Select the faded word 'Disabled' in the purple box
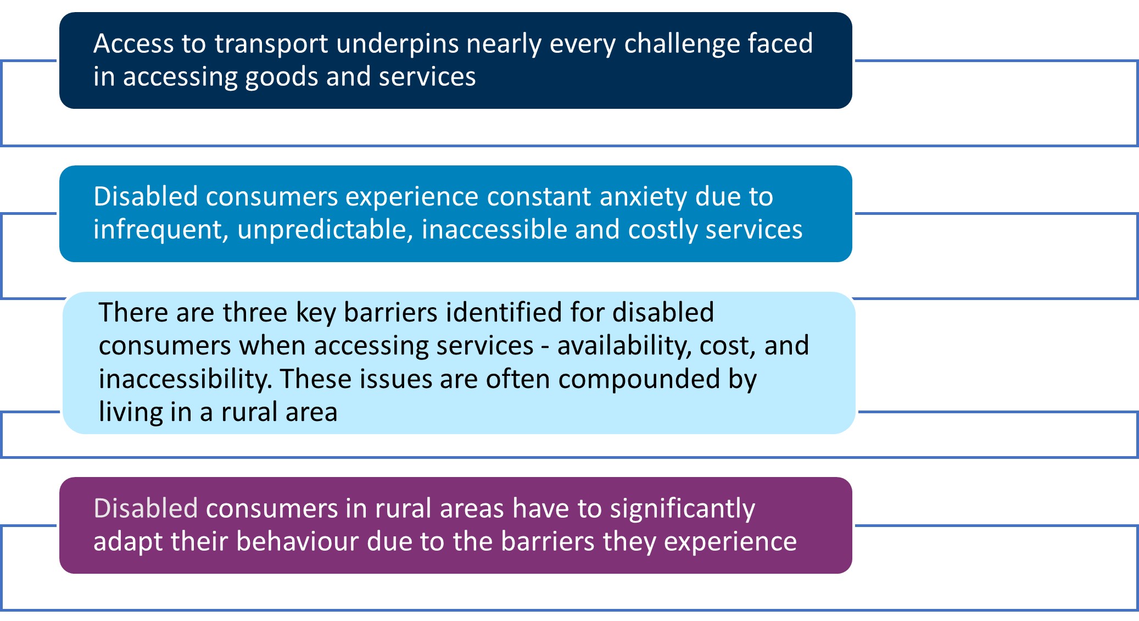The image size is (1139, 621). coord(146,508)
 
